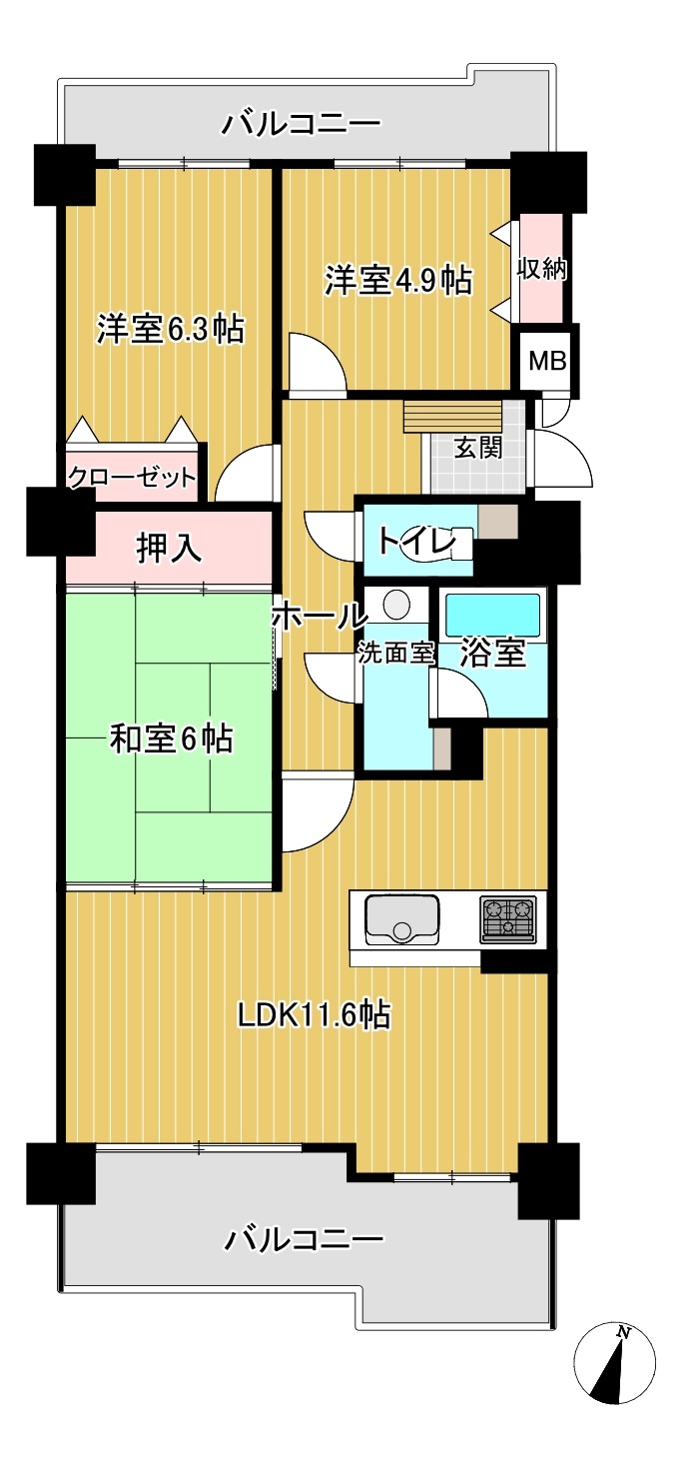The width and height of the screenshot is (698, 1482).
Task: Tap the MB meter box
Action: [548, 362]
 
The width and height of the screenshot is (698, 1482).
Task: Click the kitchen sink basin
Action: [401, 918]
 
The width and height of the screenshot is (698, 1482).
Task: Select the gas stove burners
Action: [507, 918]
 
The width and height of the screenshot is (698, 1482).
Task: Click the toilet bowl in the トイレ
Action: [447, 547]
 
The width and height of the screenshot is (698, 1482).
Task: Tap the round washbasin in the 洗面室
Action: [397, 604]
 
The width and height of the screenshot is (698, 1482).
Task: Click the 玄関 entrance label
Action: [478, 449]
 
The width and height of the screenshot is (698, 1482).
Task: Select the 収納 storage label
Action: [542, 269]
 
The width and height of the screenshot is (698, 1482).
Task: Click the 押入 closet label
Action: [169, 549]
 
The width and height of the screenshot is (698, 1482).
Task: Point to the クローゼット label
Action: [133, 477]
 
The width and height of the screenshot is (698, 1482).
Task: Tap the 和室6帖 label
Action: [171, 740]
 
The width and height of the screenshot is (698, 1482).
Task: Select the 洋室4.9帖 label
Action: [397, 280]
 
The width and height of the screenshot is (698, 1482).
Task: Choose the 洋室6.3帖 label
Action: [171, 329]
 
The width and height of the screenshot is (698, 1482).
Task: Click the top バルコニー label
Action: [302, 124]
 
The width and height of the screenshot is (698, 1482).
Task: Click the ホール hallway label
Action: [320, 617]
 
